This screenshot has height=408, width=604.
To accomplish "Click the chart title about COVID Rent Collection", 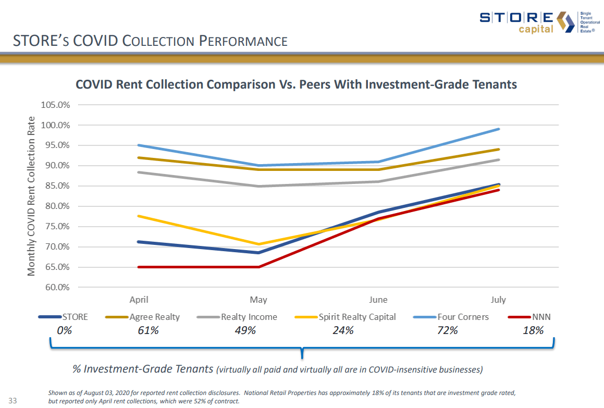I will pyautogui.click(x=296, y=84).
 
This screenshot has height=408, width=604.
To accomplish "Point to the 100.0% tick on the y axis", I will pyautogui.click(x=56, y=125).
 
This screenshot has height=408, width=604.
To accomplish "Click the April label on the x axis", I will pyautogui.click(x=139, y=300).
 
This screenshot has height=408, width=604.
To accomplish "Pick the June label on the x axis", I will pyautogui.click(x=378, y=300).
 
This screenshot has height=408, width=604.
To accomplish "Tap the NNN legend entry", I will pyautogui.click(x=541, y=317).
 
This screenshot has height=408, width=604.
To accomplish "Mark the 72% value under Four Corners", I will pyautogui.click(x=448, y=330).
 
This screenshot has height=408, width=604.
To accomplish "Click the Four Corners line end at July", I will pyautogui.click(x=499, y=129).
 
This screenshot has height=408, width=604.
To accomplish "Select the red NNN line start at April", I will pyautogui.click(x=139, y=267).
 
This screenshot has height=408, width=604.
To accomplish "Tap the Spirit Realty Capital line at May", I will pyautogui.click(x=258, y=244).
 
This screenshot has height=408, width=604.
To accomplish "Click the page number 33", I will pyautogui.click(x=14, y=401).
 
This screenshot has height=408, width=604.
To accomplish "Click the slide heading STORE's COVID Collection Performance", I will pyautogui.click(x=150, y=41).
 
